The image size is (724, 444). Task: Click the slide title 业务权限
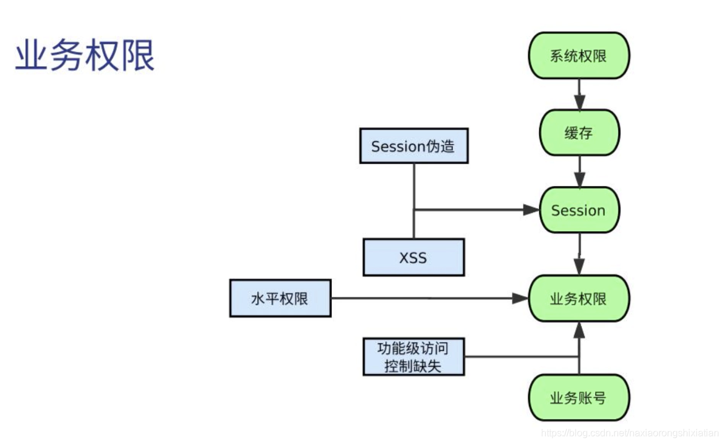point(85,57)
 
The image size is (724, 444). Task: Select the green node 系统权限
point(578,56)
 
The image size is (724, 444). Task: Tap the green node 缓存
point(578,133)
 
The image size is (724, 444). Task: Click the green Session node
point(578,210)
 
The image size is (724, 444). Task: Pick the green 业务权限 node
point(578,299)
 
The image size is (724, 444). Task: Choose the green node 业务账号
point(578,398)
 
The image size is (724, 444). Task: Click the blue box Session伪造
point(413,146)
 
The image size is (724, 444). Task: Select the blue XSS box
point(413,257)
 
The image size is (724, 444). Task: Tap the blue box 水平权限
point(280,299)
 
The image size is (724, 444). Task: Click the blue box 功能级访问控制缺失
point(413,357)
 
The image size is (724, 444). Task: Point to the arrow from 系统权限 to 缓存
point(579,95)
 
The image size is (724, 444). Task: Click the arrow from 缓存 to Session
point(579,172)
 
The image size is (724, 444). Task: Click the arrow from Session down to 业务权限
point(579,255)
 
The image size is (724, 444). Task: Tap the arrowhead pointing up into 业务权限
point(579,330)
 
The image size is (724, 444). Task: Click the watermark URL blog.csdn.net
point(629,432)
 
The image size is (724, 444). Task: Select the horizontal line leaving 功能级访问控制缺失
point(520,356)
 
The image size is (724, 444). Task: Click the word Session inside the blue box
point(398,146)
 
